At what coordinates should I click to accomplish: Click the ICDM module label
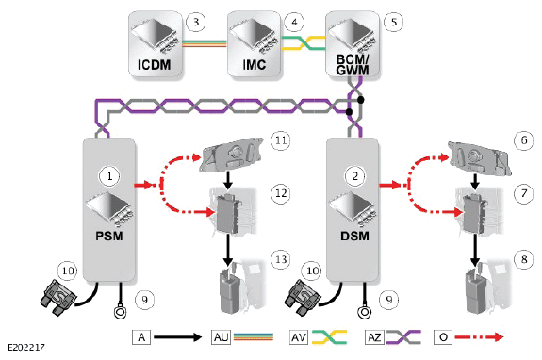tap(155, 65)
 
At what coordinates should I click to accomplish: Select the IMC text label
tap(255, 65)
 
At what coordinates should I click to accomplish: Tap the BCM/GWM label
tap(353, 65)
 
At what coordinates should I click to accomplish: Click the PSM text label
tap(109, 236)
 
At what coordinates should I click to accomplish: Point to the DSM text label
tap(354, 236)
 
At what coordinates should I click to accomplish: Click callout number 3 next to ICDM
tap(196, 22)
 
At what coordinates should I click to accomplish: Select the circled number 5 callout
tap(394, 22)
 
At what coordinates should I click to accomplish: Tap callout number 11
tap(281, 140)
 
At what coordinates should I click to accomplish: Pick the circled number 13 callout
tap(281, 259)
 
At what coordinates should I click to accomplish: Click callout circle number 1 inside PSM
tap(109, 176)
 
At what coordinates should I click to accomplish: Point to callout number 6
tap(524, 139)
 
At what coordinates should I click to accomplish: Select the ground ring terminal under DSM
tap(365, 311)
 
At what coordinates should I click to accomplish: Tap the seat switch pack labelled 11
tap(231, 155)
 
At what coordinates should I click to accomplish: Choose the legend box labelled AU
tap(222, 336)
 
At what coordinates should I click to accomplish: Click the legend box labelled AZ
tap(374, 336)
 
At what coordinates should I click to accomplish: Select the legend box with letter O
tap(443, 336)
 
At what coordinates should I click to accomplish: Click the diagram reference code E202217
tap(26, 347)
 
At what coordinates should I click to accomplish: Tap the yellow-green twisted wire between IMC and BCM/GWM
tap(304, 42)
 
